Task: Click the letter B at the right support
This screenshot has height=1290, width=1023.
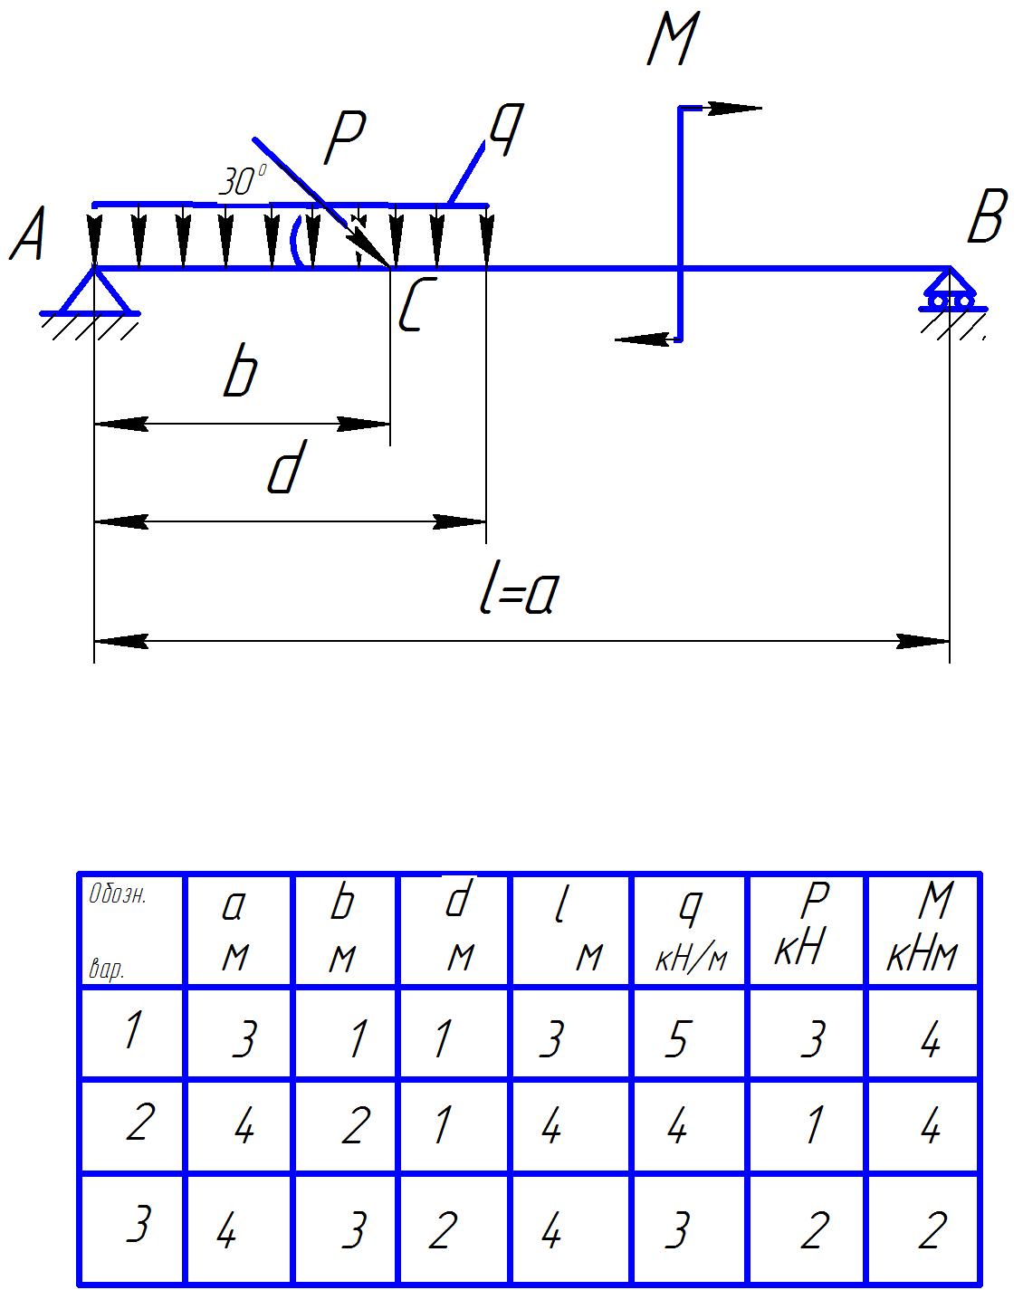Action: pyautogui.click(x=986, y=219)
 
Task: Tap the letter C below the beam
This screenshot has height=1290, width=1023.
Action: pyautogui.click(x=413, y=304)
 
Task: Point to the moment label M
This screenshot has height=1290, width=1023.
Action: pyautogui.click(x=673, y=42)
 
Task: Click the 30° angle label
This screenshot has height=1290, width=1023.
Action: pyautogui.click(x=243, y=182)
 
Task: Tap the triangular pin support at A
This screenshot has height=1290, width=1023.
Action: pyautogui.click(x=94, y=291)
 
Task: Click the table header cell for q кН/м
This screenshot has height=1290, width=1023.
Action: pyautogui.click(x=690, y=931)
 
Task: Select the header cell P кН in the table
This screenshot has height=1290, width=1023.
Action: pyautogui.click(x=807, y=931)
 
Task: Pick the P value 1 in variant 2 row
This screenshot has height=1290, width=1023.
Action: pyautogui.click(x=814, y=1126)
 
